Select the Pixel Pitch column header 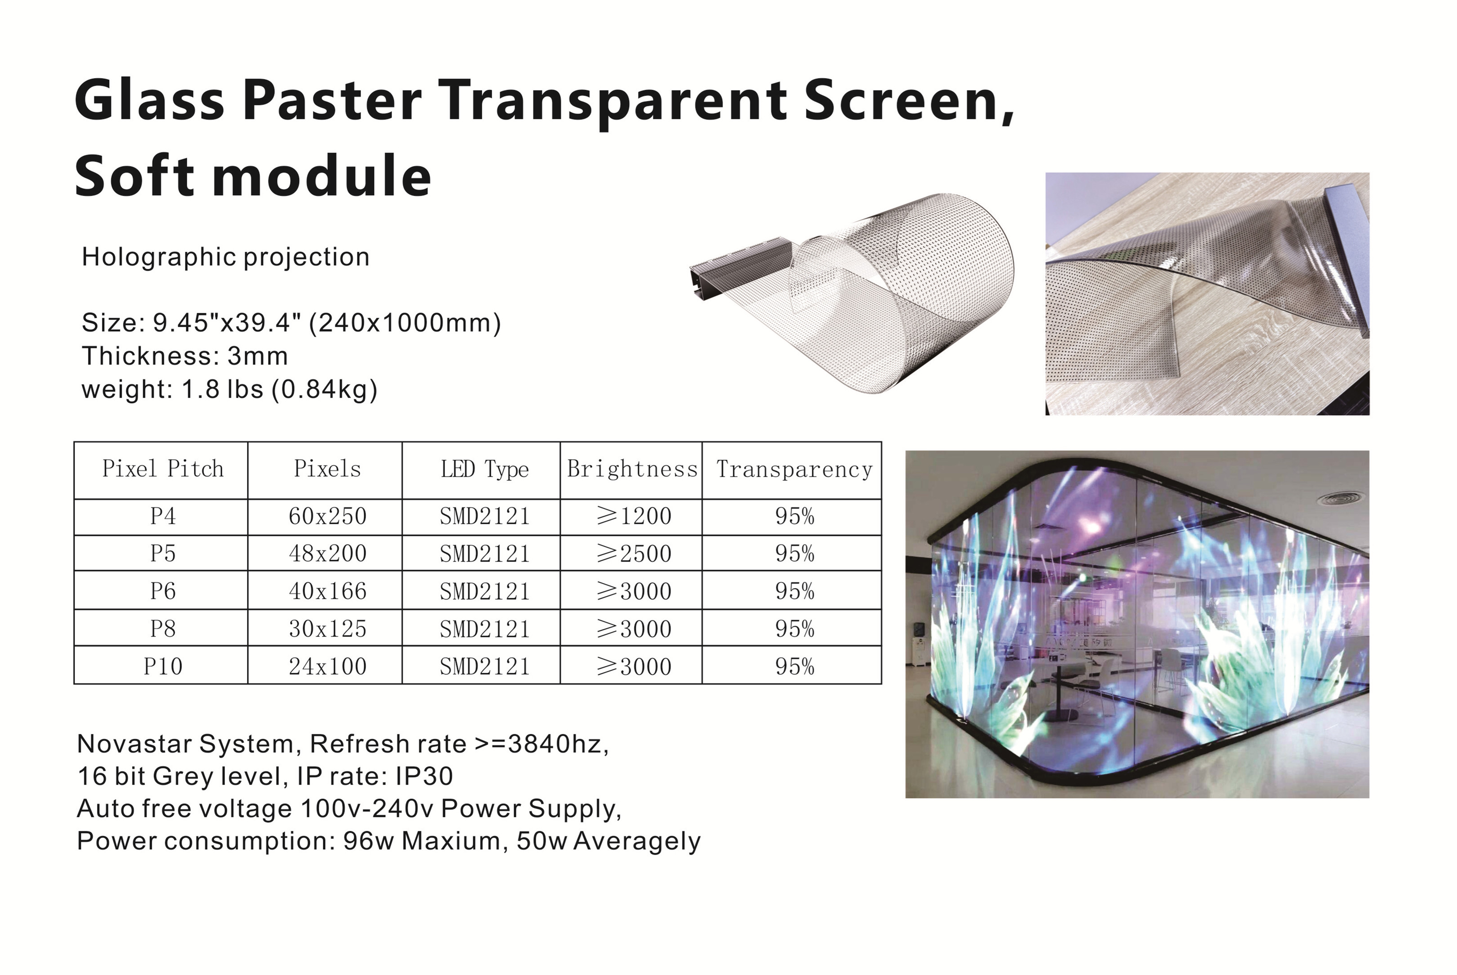pyautogui.click(x=163, y=469)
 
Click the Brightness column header pyautogui.click(x=632, y=469)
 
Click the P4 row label pyautogui.click(x=163, y=516)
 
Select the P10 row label pyautogui.click(x=163, y=667)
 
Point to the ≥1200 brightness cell pyautogui.click(x=634, y=516)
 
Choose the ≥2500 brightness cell pyautogui.click(x=634, y=553)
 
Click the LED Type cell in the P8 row pyautogui.click(x=484, y=629)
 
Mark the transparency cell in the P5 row pyautogui.click(x=794, y=553)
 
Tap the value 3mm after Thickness pyautogui.click(x=257, y=356)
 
